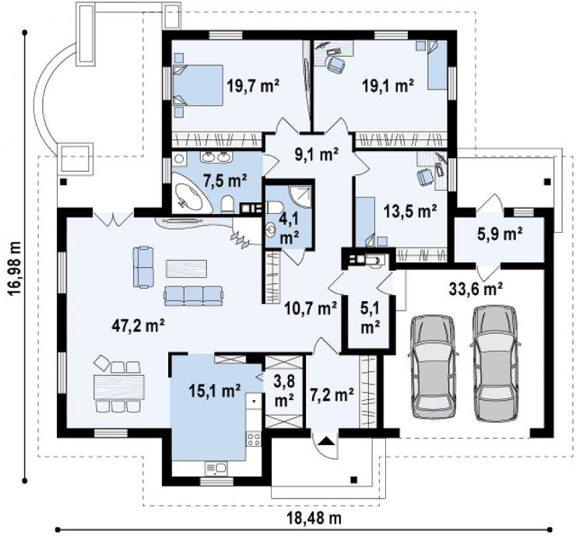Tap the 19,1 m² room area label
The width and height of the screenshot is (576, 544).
click(x=388, y=86)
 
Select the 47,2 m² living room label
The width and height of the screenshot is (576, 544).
click(x=138, y=325)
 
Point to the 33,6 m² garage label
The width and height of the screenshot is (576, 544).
click(x=476, y=289)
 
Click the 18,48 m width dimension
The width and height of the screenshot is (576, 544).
click(x=314, y=518)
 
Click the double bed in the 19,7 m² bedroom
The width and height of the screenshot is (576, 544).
click(x=198, y=85)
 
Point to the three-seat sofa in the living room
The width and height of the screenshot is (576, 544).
click(x=194, y=296)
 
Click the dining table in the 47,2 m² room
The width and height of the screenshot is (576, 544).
click(x=119, y=387)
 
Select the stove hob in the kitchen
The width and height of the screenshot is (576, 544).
click(x=254, y=439)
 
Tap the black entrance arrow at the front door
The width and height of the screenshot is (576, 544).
click(x=327, y=440)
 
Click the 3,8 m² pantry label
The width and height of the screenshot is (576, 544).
click(x=284, y=391)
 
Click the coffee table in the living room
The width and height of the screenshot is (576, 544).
click(x=186, y=268)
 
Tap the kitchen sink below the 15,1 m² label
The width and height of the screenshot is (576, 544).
click(x=216, y=468)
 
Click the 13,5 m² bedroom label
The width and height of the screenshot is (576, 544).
click(x=410, y=211)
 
